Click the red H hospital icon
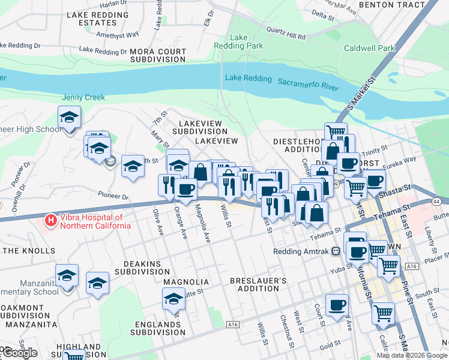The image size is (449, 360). pyautogui.click(x=51, y=221)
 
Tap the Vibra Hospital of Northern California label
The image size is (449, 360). pyautogui.click(x=95, y=221)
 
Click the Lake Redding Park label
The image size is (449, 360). pyautogui.click(x=238, y=41)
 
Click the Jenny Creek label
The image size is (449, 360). pyautogui.click(x=83, y=97)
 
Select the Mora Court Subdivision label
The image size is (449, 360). pyautogui.click(x=158, y=56)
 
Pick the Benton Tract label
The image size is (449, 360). pyautogui.click(x=392, y=4)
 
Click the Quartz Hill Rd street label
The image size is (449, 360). pyautogui.click(x=286, y=32)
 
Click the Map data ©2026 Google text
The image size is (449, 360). pyautogui.click(x=412, y=355)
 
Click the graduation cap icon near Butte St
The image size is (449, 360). pyautogui.click(x=173, y=299)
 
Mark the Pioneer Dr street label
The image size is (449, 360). pyautogui.click(x=113, y=196)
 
